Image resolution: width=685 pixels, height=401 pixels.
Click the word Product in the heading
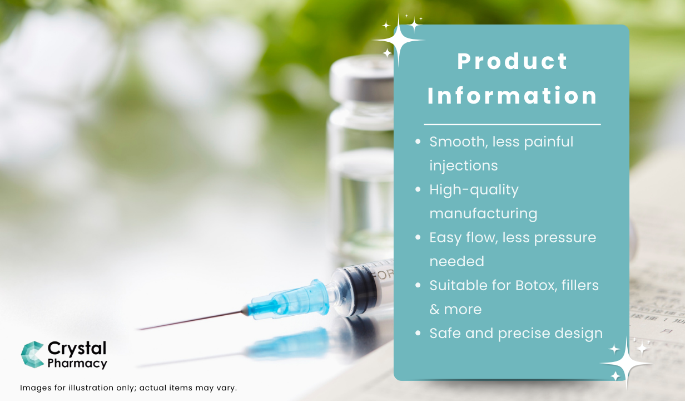tap(512, 62)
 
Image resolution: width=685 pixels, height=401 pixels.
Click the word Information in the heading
tap(512, 96)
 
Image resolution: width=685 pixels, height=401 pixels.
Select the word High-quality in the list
tap(474, 190)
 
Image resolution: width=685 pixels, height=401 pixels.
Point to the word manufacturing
tap(483, 214)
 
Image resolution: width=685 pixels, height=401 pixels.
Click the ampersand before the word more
tap(434, 310)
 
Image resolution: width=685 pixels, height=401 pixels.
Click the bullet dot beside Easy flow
tap(418, 238)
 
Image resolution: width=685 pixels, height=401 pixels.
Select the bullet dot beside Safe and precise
tap(418, 334)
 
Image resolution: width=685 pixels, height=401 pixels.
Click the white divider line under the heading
tap(512, 124)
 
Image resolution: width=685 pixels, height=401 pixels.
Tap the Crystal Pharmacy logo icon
tap(32, 355)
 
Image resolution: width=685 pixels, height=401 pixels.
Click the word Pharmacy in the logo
tap(77, 364)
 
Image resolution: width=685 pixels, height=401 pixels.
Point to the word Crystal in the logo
tap(77, 349)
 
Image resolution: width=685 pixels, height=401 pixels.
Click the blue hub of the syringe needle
tap(289, 299)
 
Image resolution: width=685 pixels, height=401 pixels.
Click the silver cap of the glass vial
tap(361, 78)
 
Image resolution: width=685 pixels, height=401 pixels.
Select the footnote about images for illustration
tap(128, 388)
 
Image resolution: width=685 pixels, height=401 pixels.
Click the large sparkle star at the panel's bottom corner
tap(627, 362)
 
